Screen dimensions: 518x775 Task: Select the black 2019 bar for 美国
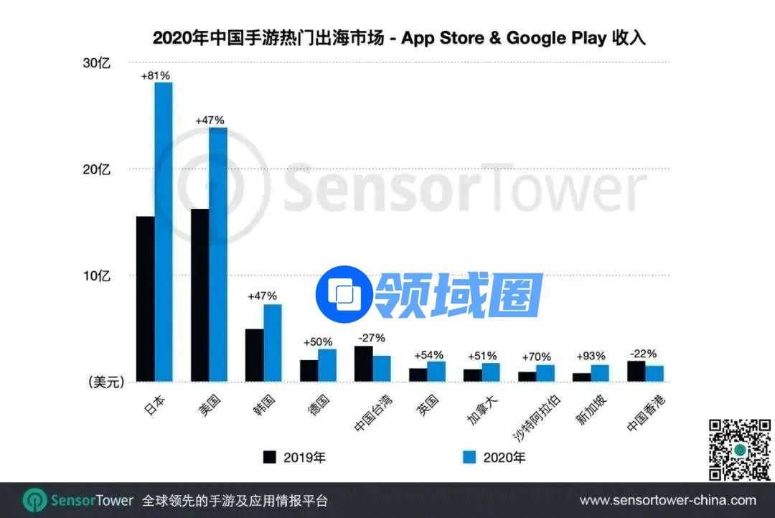pos(199,295)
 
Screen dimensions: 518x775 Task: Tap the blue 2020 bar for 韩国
pos(272,343)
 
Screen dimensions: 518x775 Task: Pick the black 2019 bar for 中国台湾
pos(363,364)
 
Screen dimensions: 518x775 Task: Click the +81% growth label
pos(156,75)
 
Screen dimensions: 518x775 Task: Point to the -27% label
pos(372,338)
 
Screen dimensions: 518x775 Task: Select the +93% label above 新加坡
pos(591,356)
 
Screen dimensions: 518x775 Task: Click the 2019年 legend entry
pos(293,457)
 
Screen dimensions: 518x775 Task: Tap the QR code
pos(740,450)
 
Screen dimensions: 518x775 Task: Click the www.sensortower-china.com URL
pos(667,500)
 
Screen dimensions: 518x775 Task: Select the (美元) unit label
pos(105,382)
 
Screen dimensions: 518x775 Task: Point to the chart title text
pos(399,38)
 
